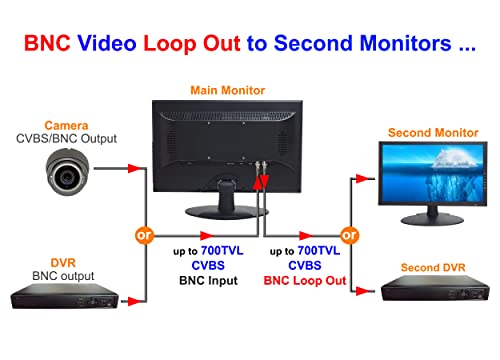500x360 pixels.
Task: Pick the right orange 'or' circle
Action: pyautogui.click(x=350, y=236)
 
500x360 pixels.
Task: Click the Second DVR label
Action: pyautogui.click(x=433, y=267)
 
